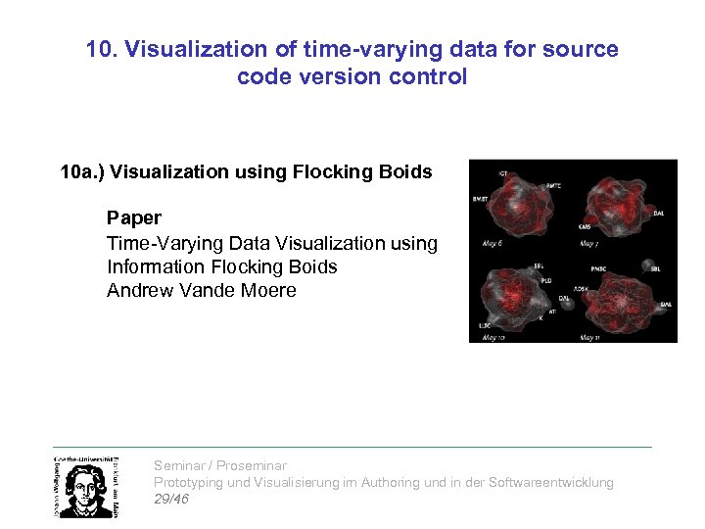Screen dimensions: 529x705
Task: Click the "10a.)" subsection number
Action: [x=82, y=172]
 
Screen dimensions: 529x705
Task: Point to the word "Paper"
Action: [x=134, y=218]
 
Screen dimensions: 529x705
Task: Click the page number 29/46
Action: [x=171, y=499]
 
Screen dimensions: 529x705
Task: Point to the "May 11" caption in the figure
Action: [x=590, y=337]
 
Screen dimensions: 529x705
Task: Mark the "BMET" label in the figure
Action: [x=481, y=198]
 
